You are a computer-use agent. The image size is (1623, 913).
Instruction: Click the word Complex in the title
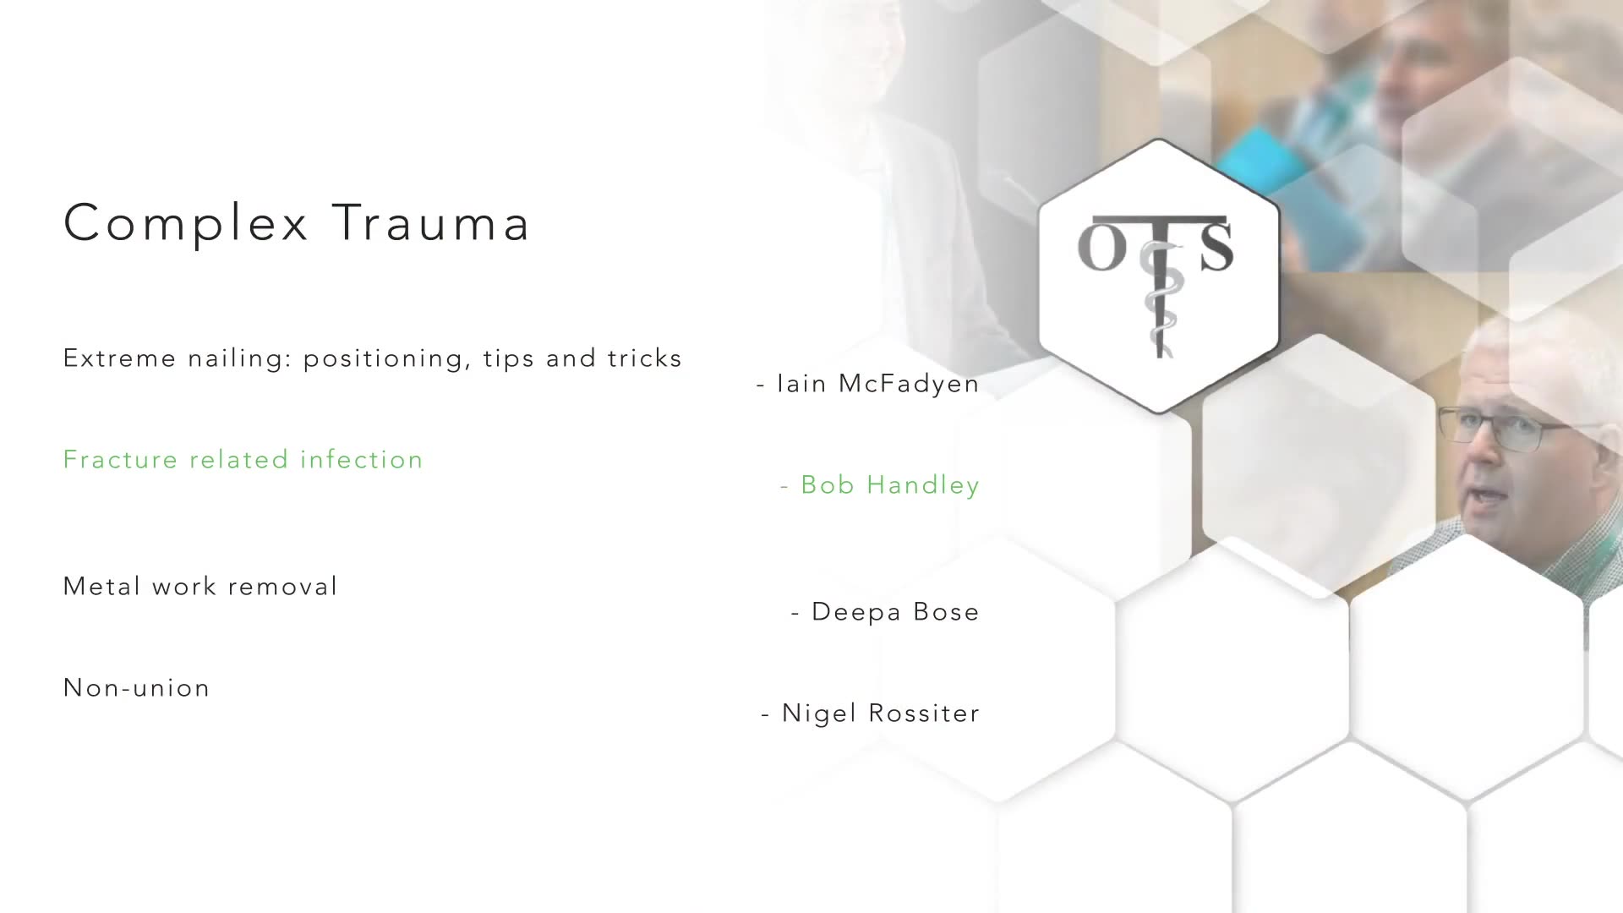(186, 224)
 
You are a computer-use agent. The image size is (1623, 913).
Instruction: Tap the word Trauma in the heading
(431, 223)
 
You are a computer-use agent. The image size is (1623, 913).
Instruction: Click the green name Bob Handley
(890, 485)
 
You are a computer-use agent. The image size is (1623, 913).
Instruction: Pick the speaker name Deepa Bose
(895, 611)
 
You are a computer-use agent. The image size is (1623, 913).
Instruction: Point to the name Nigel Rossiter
(881, 713)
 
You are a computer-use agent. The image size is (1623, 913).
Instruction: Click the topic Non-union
(137, 688)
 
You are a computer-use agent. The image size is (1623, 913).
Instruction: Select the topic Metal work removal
(200, 586)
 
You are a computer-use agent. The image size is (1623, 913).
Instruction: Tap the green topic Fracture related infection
(243, 459)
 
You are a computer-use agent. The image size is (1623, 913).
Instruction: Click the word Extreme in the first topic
(120, 358)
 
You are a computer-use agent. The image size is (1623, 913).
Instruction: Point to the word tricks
(645, 358)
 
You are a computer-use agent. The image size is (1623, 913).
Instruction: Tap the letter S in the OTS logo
(1216, 246)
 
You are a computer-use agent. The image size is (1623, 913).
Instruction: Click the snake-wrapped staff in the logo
(1159, 296)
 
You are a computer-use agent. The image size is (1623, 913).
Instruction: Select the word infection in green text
(362, 459)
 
